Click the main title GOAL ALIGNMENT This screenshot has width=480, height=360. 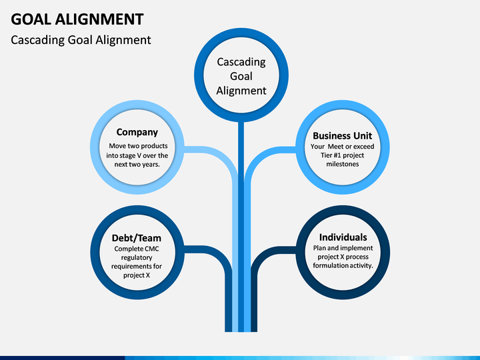tap(77, 19)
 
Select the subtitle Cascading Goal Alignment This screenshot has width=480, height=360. tap(81, 40)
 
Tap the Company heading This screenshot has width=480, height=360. tap(137, 132)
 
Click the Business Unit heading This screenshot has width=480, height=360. tap(342, 135)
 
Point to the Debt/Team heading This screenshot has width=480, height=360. tap(137, 238)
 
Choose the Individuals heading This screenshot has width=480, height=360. tap(343, 237)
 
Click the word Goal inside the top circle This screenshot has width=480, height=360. tap(241, 76)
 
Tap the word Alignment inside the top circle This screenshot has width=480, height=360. tap(241, 91)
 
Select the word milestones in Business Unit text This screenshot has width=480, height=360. tap(342, 164)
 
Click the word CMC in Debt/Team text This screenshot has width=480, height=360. tap(152, 249)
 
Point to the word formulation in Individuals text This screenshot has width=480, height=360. tap(329, 265)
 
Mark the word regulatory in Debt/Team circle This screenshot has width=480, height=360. tap(137, 258)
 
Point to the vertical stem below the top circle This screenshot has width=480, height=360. tap(241, 227)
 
